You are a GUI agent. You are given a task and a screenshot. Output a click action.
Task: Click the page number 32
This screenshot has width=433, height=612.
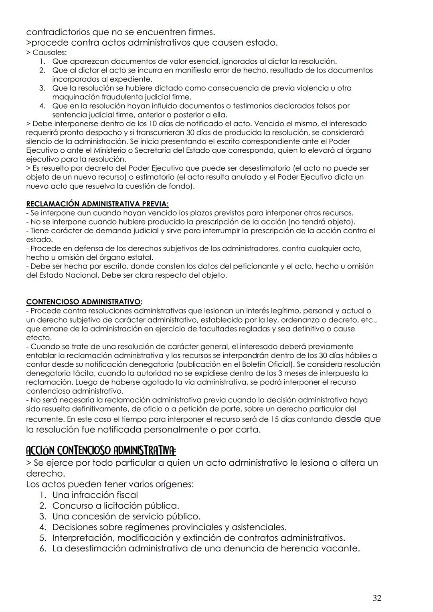(376, 598)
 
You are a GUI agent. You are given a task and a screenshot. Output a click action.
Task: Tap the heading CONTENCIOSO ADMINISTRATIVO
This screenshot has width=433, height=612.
(83, 301)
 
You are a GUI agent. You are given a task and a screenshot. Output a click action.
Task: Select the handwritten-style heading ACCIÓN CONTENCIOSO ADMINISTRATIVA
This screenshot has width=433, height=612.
(101, 451)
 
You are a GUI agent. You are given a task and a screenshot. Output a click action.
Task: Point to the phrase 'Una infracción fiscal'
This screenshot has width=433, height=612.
(95, 495)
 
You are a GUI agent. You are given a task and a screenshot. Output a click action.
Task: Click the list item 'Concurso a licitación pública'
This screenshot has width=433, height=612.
(115, 505)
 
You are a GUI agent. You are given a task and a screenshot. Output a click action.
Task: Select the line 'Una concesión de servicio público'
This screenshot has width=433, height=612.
(126, 516)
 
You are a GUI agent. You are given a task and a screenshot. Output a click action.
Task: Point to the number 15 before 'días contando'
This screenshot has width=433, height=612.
(276, 420)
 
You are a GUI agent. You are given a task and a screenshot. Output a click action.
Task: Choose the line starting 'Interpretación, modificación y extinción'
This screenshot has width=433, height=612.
(198, 537)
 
